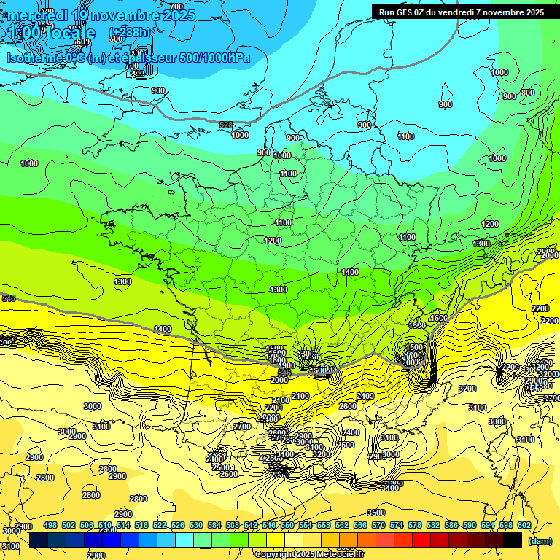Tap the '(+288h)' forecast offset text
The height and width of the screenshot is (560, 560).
coord(131,33)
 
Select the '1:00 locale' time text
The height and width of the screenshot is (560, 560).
coord(51,34)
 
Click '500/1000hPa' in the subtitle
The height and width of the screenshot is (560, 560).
coord(214,58)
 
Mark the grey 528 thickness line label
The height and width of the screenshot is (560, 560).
coord(226,125)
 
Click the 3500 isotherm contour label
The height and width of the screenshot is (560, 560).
coord(376,513)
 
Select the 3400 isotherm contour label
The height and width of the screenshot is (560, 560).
coord(390,487)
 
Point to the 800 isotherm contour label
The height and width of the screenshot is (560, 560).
coord(527,93)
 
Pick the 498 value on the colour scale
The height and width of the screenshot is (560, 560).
coord(50,525)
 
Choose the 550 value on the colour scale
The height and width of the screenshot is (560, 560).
coord(287,525)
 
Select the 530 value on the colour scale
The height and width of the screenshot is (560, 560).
coord(196,525)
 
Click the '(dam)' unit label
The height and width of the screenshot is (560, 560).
coord(540,540)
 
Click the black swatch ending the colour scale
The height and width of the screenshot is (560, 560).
coord(513,540)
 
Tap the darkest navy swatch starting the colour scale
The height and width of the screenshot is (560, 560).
coord(39,540)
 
